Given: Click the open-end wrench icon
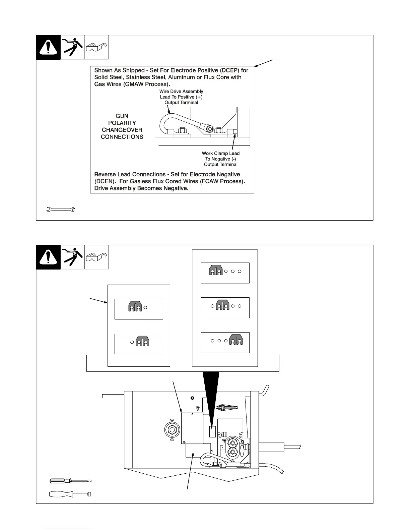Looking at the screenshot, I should [x=61, y=210].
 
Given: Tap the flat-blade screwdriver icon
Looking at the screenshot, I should [x=70, y=481].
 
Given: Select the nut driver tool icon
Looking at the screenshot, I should [x=70, y=494].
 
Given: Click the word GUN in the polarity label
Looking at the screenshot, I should [x=122, y=116].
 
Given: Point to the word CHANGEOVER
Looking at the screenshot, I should [x=122, y=130].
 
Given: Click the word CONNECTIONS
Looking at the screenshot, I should [x=122, y=137].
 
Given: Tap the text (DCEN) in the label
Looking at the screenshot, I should [x=105, y=181].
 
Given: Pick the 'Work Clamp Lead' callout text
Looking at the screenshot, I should [x=220, y=154].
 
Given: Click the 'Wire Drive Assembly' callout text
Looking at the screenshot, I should [x=181, y=92].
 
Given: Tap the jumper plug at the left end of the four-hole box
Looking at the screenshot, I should [x=216, y=270].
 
